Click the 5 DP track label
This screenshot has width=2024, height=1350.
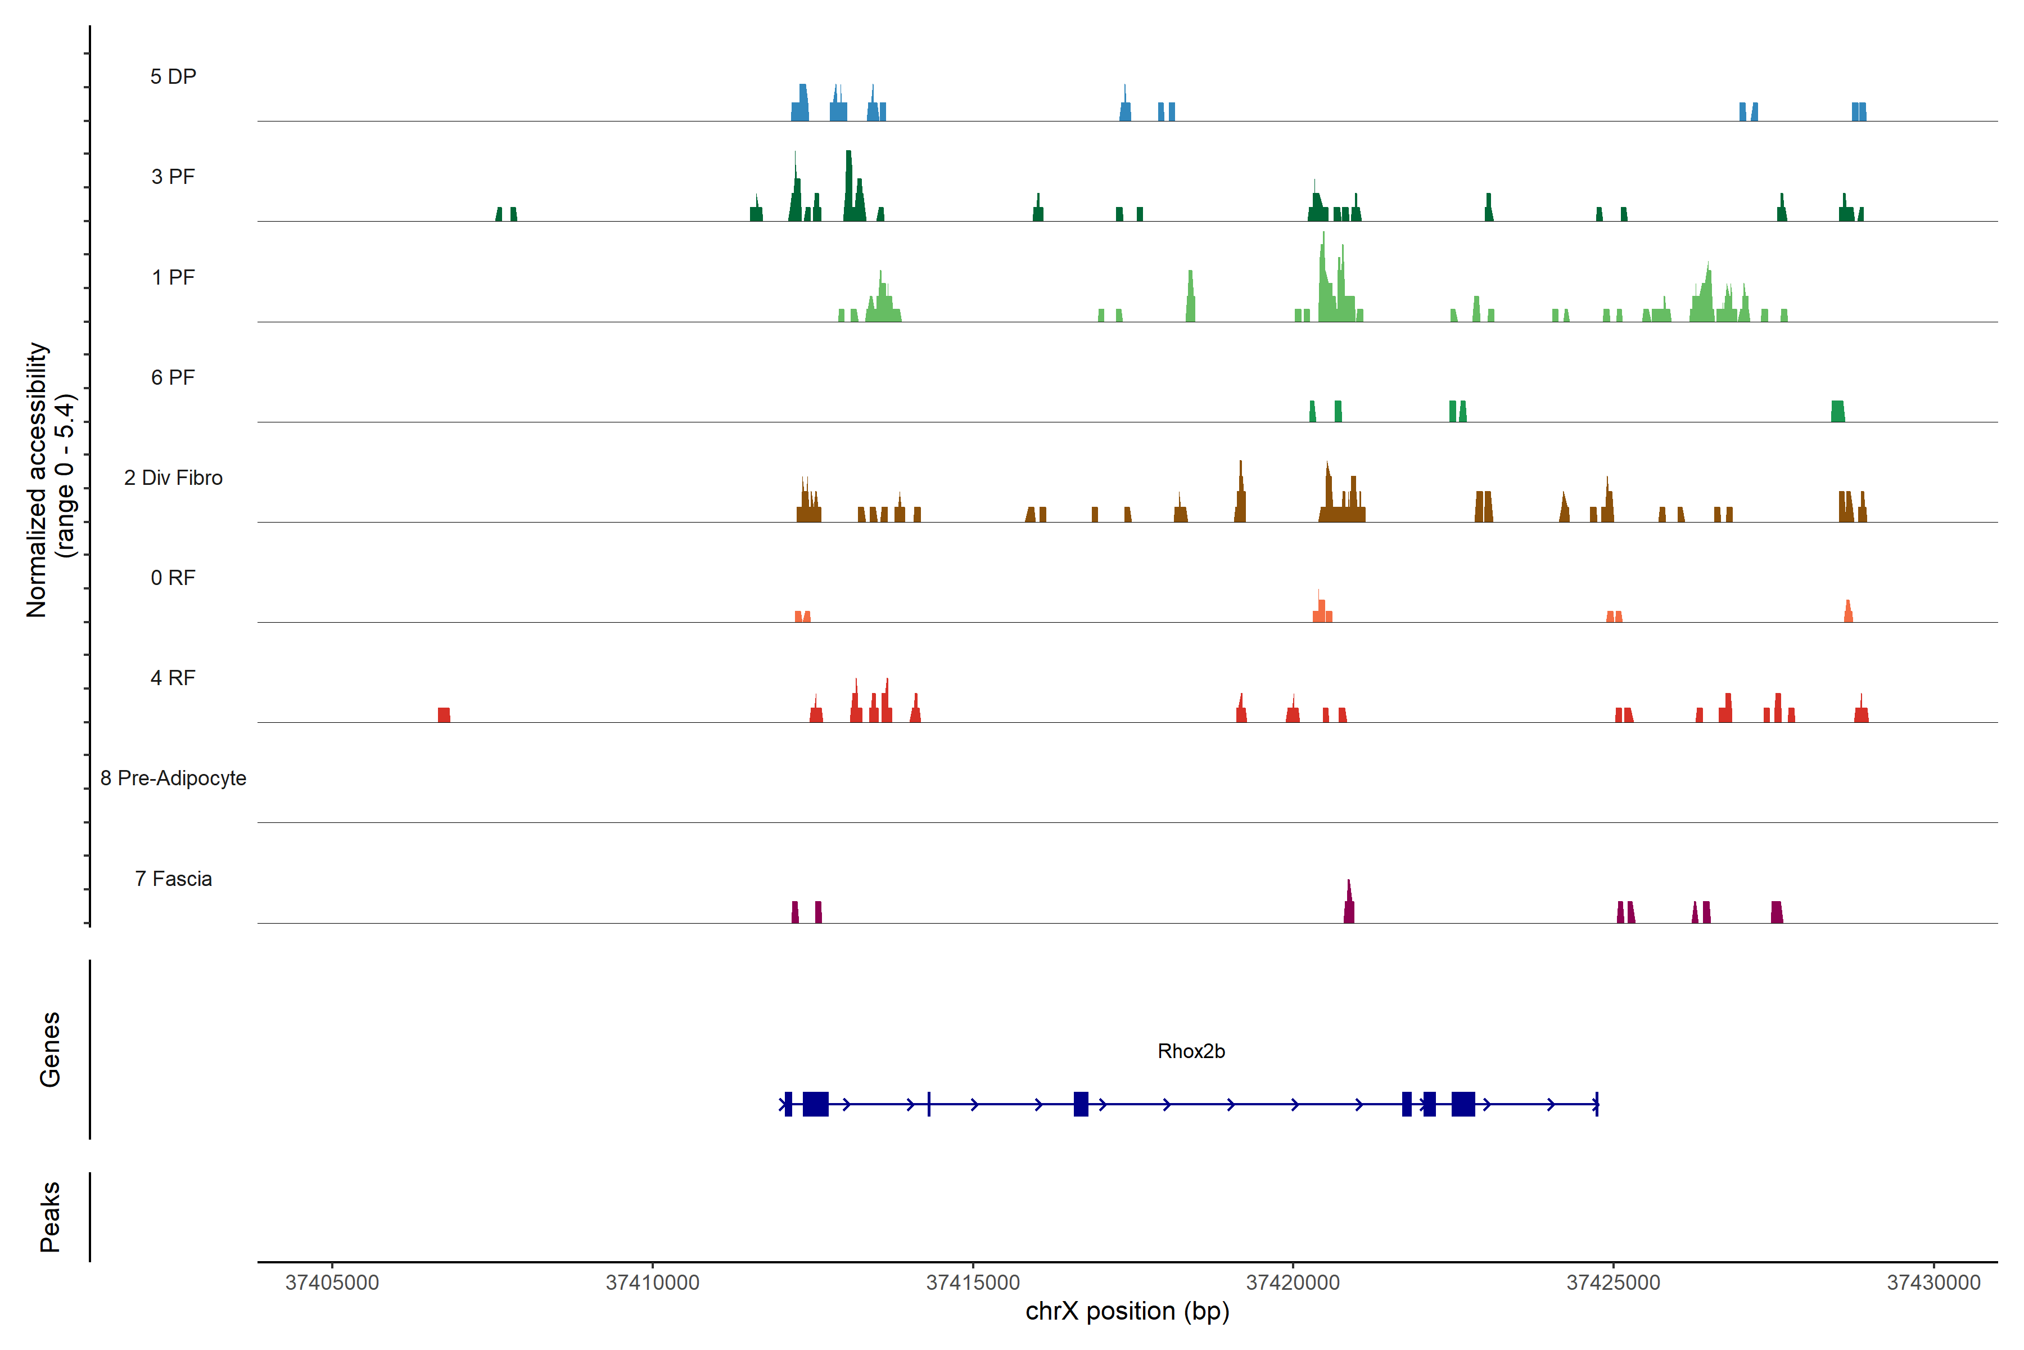coord(173,76)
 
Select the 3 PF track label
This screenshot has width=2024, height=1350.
coord(173,177)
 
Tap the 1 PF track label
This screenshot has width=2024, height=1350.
coord(173,277)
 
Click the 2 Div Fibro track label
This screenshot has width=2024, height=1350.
coord(173,478)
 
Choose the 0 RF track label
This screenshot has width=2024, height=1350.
coord(173,578)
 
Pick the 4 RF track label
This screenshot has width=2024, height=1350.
coord(173,678)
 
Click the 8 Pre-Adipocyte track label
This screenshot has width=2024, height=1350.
coord(173,778)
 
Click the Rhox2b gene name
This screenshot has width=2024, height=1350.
coord(1191,1051)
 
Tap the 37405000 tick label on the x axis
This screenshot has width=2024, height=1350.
coord(332,1283)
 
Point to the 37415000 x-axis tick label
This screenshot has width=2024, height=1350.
coord(973,1283)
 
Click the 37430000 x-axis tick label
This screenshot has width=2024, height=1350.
coord(1933,1283)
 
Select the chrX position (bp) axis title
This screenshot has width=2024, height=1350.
coord(1127,1311)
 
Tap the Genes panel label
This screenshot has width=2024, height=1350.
coord(50,1050)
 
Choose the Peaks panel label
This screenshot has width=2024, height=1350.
coord(50,1217)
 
